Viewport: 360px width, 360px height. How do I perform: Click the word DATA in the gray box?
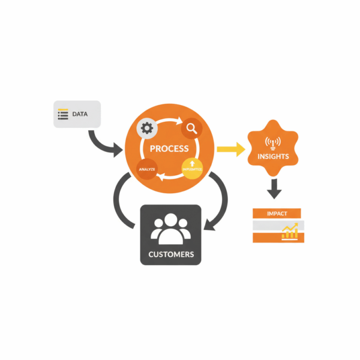(x=80, y=113)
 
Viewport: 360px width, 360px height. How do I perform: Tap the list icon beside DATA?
(x=63, y=113)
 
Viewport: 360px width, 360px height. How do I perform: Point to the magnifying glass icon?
(x=192, y=128)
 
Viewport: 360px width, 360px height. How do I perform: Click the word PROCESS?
(x=169, y=148)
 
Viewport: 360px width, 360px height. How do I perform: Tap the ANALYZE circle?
(x=147, y=170)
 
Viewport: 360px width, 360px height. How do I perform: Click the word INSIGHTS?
(x=273, y=157)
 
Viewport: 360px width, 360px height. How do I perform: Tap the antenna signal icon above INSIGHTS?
(x=273, y=143)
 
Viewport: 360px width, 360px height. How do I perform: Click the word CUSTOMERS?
(x=171, y=254)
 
